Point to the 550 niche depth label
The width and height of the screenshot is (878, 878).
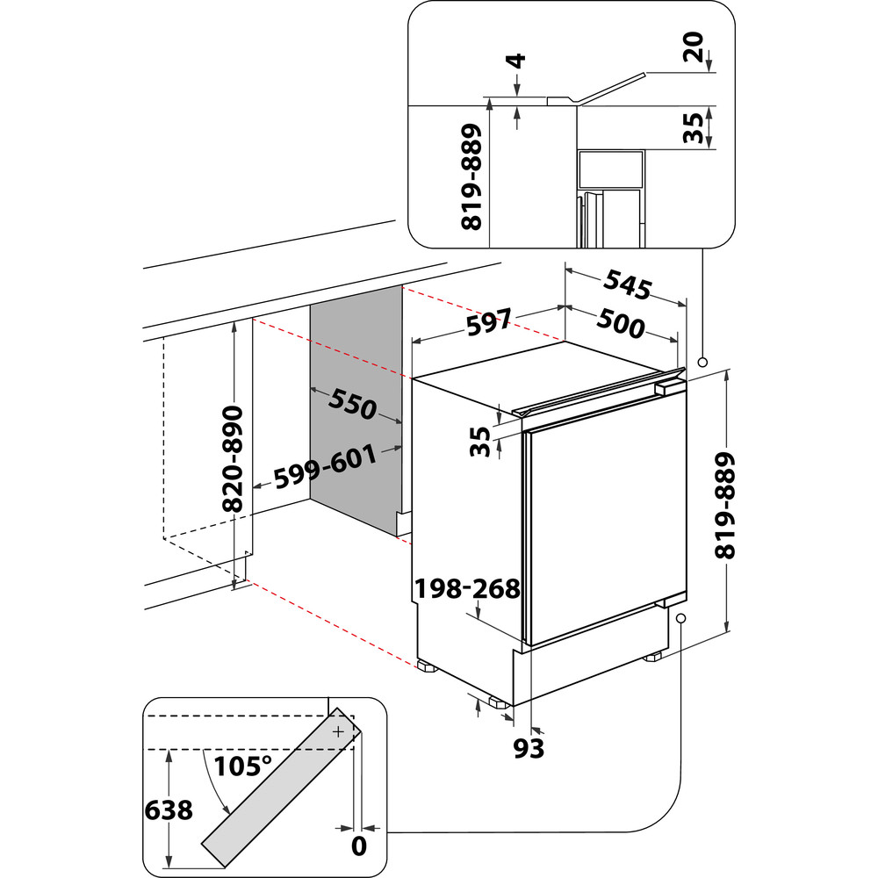point(352,403)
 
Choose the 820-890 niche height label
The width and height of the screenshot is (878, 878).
point(234,458)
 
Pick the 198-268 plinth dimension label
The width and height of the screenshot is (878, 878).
point(469,587)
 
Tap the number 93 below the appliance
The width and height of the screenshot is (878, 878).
point(529,748)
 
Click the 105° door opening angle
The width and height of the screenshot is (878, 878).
point(242,766)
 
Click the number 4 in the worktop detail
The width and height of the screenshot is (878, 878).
point(517,61)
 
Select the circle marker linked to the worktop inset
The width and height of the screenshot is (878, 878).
point(702,362)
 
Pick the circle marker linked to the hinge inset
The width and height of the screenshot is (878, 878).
point(680,618)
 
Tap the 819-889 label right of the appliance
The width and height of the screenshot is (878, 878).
point(725,506)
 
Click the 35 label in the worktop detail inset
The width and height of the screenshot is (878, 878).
point(693,127)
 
